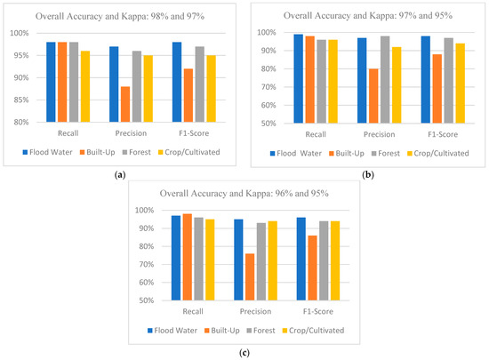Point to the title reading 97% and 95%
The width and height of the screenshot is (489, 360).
(x=363, y=14)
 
